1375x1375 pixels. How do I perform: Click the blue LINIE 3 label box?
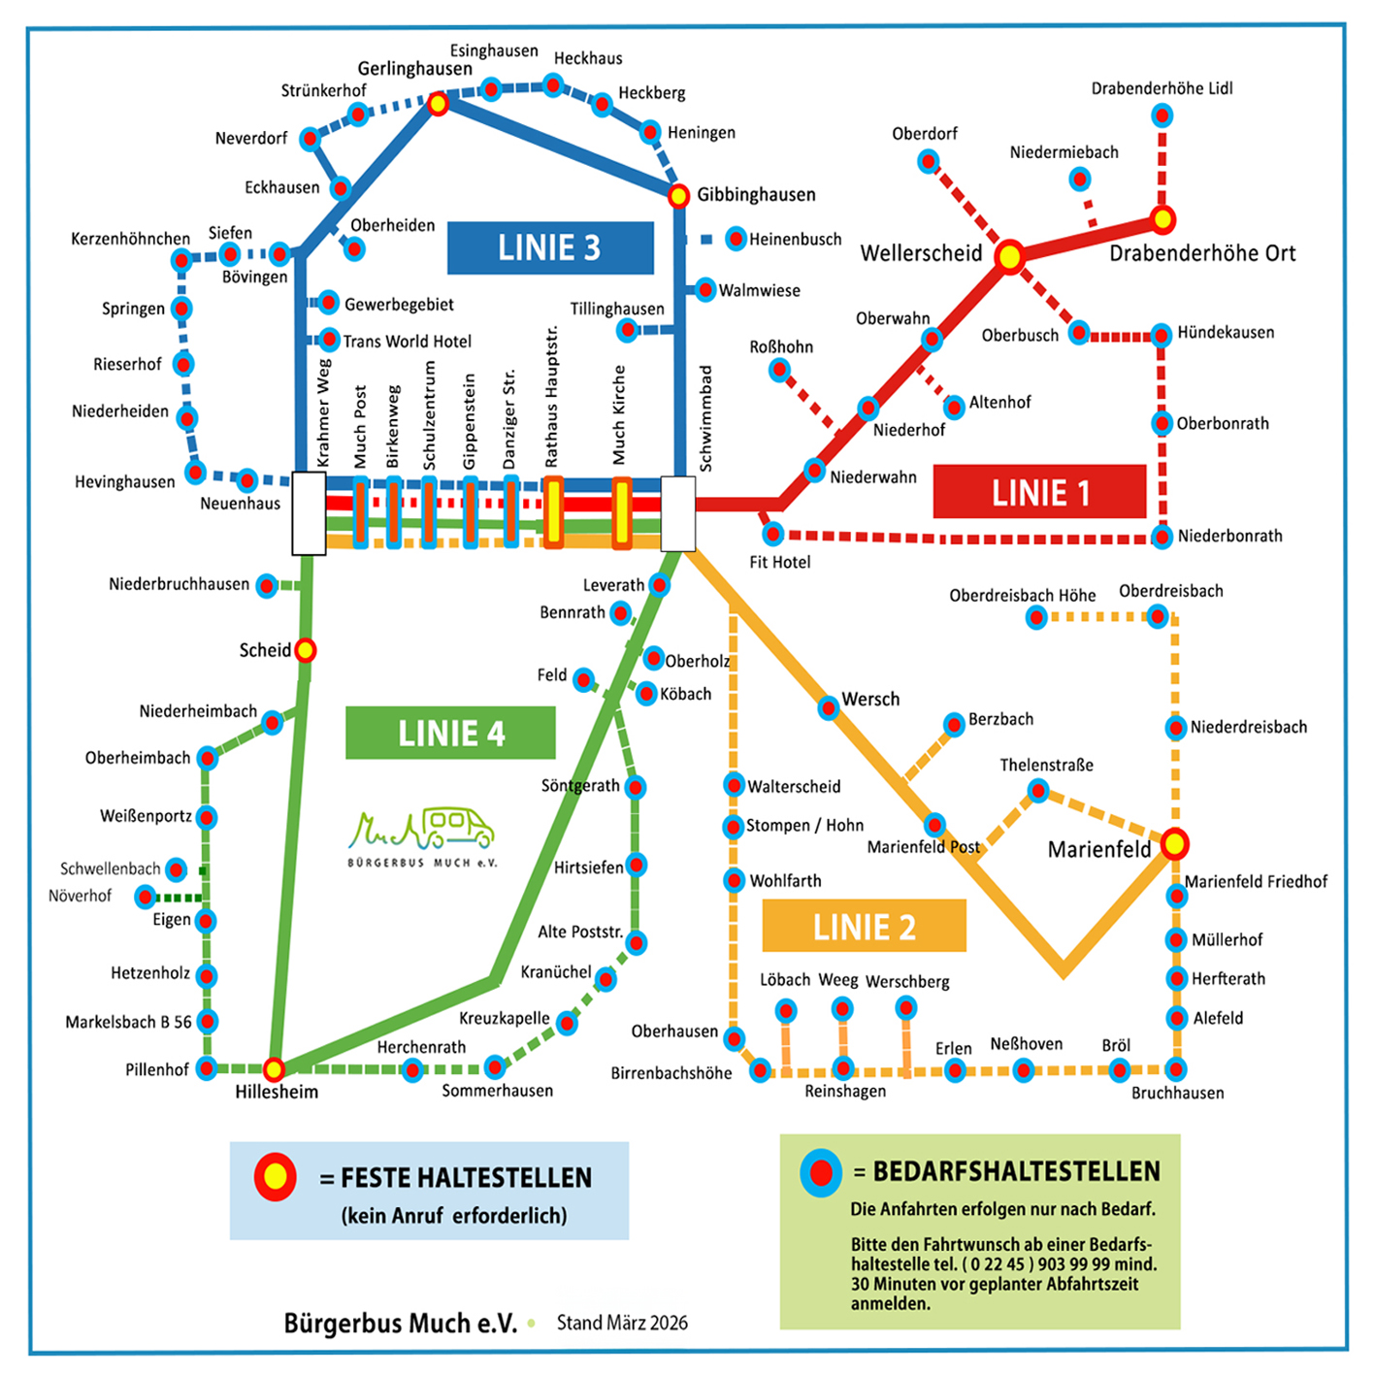(x=550, y=248)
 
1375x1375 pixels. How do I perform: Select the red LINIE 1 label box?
(x=1039, y=492)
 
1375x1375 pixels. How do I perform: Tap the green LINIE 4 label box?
(x=450, y=733)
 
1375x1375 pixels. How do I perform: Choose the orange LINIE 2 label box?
(x=864, y=926)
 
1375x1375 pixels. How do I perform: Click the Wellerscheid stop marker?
(x=1009, y=256)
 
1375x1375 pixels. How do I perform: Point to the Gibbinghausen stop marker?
(x=678, y=196)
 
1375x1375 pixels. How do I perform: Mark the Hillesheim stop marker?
(x=275, y=1068)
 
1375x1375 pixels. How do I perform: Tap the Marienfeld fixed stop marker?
(x=1174, y=843)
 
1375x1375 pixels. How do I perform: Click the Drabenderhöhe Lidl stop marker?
(x=1162, y=116)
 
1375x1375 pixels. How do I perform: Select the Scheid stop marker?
(x=305, y=649)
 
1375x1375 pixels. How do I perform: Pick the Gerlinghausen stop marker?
(x=438, y=103)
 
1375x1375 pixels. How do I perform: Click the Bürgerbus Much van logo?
(x=422, y=835)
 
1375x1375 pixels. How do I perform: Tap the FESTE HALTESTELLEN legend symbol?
(x=275, y=1177)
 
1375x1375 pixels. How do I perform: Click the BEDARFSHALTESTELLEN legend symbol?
(x=821, y=1172)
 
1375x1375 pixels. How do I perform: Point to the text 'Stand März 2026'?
(x=622, y=1323)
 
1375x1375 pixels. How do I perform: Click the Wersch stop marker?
(x=828, y=707)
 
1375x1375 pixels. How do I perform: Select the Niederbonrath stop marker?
(x=1162, y=537)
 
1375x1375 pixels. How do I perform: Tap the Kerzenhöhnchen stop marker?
(x=181, y=260)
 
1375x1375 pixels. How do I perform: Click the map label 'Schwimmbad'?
(x=705, y=418)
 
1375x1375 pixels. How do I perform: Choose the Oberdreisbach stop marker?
(x=1157, y=615)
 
